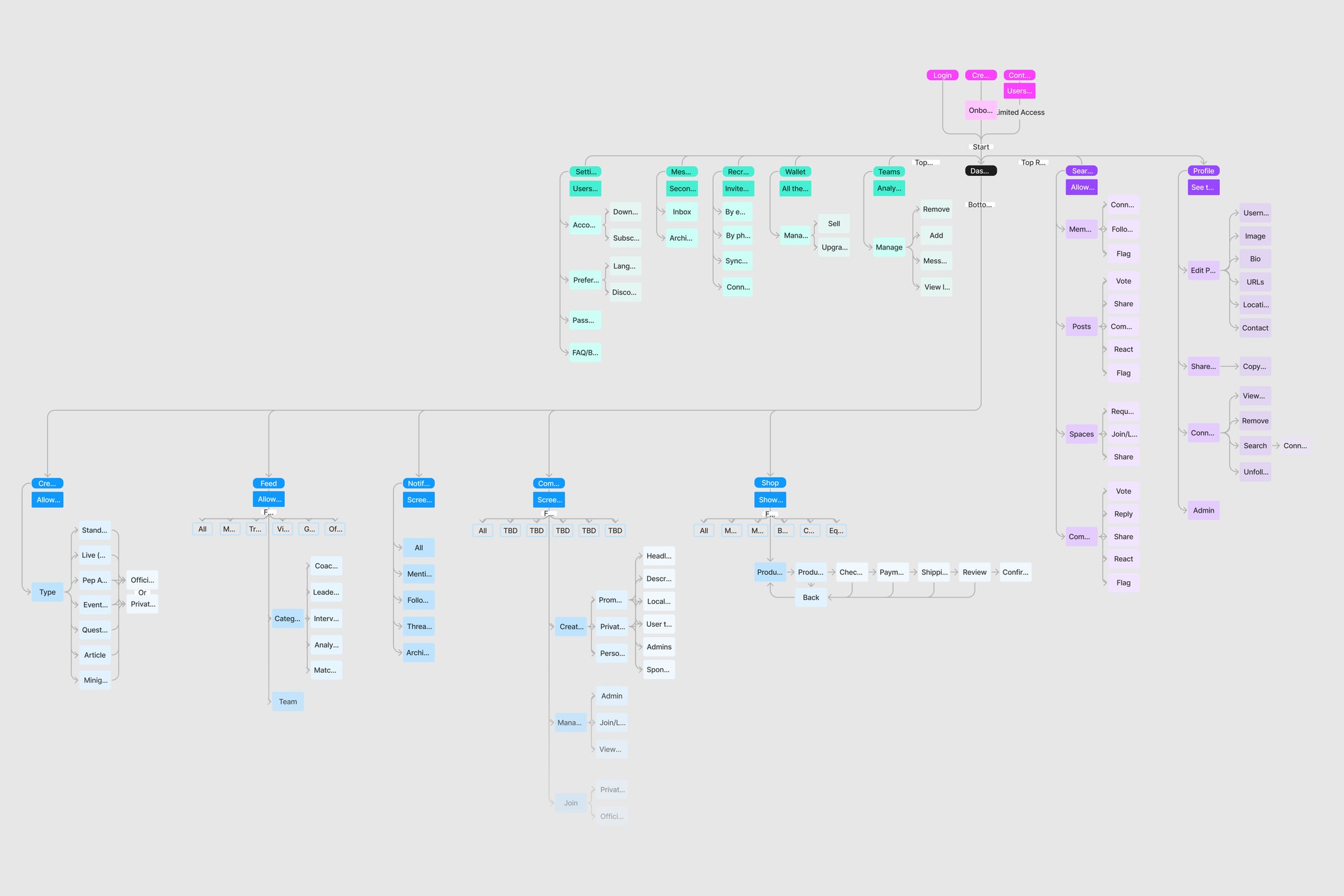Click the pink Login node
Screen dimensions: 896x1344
(942, 75)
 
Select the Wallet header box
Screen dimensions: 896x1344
(795, 172)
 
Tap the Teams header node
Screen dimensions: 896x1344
(889, 172)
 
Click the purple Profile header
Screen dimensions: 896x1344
(1204, 171)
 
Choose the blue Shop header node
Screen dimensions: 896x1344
(770, 483)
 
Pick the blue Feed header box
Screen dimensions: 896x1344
(268, 484)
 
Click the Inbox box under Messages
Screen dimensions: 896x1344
(682, 212)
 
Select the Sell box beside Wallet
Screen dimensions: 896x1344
(834, 224)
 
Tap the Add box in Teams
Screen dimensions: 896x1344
(936, 236)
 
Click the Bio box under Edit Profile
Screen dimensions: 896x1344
(1255, 259)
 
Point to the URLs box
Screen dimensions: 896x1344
(1255, 282)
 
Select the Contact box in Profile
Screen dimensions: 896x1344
(1255, 328)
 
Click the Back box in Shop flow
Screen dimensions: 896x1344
(811, 598)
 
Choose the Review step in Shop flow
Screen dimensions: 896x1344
(975, 572)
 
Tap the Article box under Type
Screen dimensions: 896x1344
(95, 655)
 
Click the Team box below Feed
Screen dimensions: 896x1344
(288, 702)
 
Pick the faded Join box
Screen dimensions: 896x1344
(571, 803)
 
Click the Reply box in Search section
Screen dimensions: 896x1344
(1123, 515)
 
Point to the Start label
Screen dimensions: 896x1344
(981, 147)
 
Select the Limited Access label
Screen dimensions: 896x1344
(1020, 113)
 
